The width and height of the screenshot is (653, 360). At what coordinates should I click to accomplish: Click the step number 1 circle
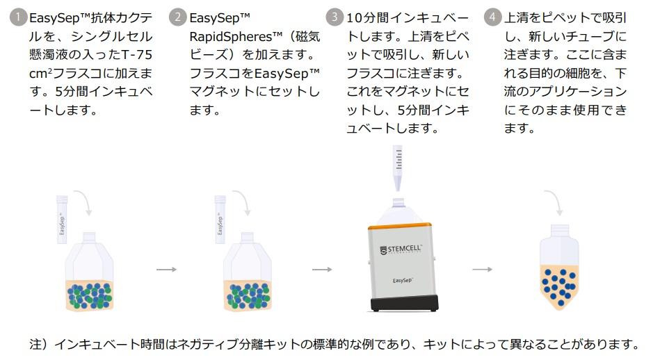coord(19,17)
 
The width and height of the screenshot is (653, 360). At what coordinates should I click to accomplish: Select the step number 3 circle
coord(337,17)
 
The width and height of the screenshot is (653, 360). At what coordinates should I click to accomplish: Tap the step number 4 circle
coord(494,17)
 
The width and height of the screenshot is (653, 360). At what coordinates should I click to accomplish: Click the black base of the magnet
coord(403,303)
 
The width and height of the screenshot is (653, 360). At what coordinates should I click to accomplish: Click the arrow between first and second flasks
coord(166,270)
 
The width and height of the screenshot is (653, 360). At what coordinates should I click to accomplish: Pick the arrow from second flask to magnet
coord(321,270)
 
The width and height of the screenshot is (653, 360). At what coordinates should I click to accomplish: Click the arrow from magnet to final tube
coord(482,270)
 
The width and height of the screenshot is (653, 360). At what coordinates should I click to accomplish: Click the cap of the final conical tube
coord(560,229)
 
